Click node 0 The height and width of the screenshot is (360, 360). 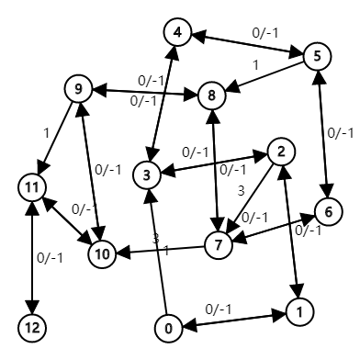pos(167,327)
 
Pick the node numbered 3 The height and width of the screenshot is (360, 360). pos(146,174)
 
